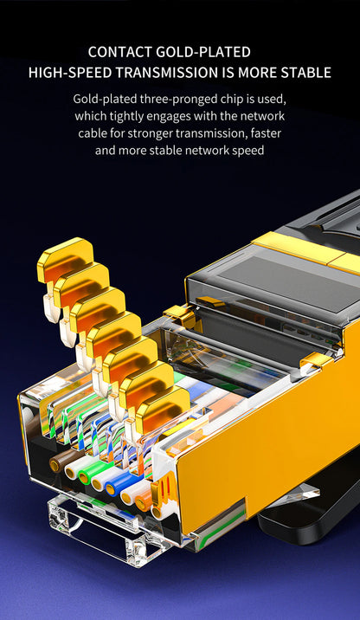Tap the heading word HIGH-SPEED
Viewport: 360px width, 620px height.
click(x=68, y=73)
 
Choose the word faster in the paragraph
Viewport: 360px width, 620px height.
click(x=265, y=133)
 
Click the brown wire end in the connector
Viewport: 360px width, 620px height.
click(x=61, y=464)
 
